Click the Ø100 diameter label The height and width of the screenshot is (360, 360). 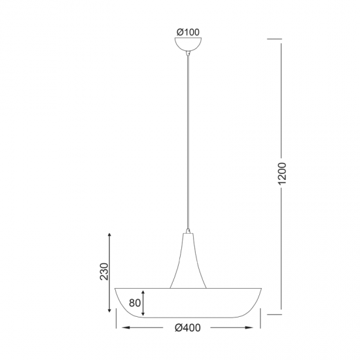[189, 31]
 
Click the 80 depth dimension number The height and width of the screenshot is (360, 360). [134, 303]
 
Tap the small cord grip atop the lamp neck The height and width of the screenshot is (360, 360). [189, 231]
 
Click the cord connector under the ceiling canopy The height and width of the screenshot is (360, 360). [189, 54]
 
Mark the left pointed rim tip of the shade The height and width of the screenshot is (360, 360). [116, 289]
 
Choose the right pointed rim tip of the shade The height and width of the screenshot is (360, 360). [261, 289]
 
